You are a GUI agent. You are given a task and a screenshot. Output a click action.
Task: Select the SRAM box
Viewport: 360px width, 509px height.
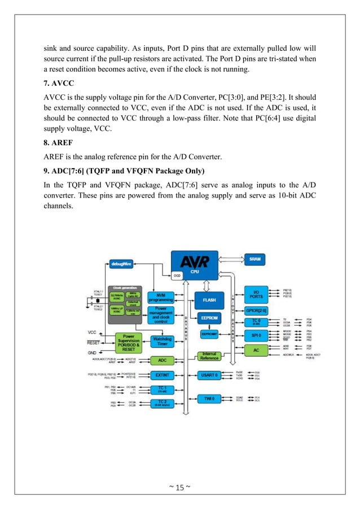[254, 259]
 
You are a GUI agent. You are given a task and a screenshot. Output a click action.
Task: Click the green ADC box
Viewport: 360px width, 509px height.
[162, 359]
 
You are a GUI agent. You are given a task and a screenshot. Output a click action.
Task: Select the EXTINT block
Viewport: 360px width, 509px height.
[162, 374]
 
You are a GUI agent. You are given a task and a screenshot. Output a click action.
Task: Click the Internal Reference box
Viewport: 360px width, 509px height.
[209, 356]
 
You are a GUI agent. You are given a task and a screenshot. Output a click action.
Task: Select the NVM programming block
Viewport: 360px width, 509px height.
[162, 297]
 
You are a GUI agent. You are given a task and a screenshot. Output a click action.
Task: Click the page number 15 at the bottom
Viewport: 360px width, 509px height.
[180, 487]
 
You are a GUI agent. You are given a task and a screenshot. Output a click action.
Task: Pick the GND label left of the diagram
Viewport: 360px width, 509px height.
[93, 352]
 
